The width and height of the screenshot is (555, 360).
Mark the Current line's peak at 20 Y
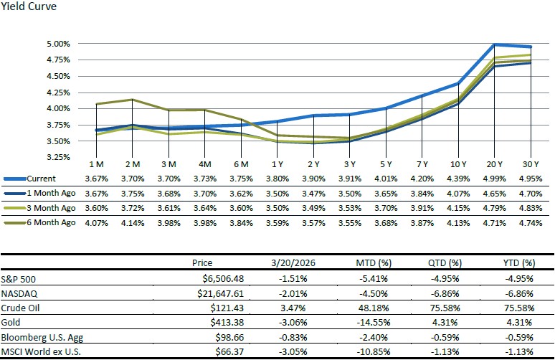pyautogui.click(x=495, y=44)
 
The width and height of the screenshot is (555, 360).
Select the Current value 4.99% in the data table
pyautogui.click(x=495, y=179)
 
